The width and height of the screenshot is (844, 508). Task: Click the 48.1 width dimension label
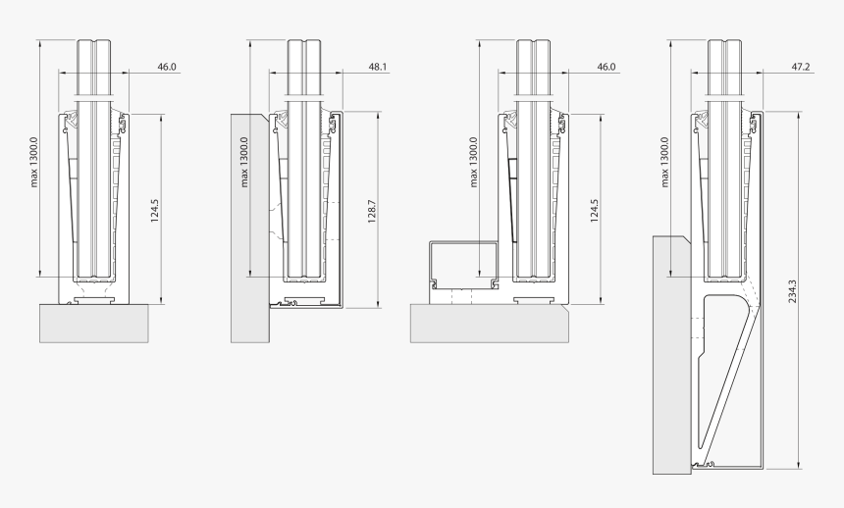pos(378,68)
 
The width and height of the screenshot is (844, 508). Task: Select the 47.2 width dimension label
pos(800,68)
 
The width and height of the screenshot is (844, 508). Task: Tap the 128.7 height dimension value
pos(370,211)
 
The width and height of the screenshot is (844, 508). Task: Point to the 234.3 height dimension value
pos(792,290)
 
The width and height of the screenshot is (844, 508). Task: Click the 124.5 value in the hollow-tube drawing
pos(595,211)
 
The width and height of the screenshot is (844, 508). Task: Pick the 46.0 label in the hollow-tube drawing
pos(606,68)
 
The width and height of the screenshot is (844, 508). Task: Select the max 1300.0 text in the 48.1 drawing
pos(243,162)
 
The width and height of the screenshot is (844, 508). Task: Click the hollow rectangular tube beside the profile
pos(464,266)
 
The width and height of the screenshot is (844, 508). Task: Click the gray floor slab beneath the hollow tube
pos(488,323)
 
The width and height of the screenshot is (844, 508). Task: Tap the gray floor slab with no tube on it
pos(94,323)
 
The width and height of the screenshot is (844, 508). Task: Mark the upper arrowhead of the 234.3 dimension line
pos(801,115)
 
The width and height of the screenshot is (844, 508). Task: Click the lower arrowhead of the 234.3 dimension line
pos(801,465)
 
